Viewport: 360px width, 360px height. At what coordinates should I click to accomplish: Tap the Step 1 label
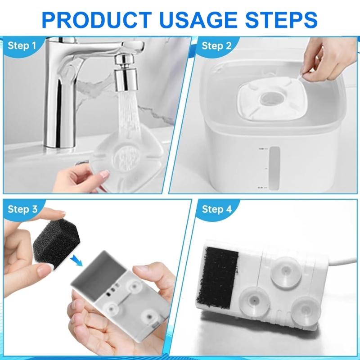pyautogui.click(x=22, y=45)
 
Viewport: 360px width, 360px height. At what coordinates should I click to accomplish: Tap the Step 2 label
pyautogui.click(x=216, y=45)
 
